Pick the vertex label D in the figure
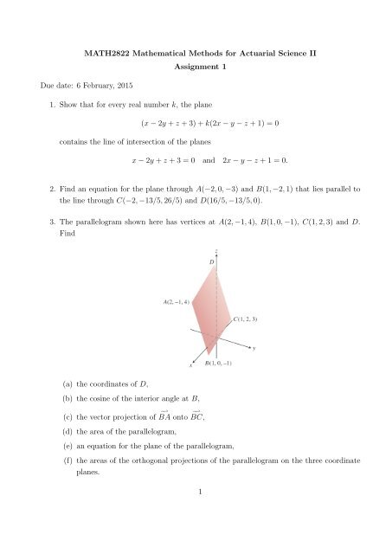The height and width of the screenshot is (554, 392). [x=211, y=261]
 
